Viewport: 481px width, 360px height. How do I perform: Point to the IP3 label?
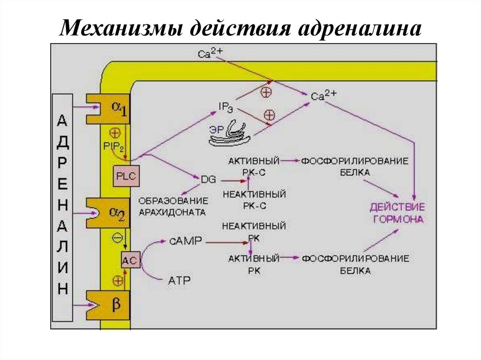(x=226, y=106)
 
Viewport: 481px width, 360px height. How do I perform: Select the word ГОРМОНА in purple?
(x=397, y=219)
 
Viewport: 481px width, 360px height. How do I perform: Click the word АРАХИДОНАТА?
(x=172, y=212)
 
